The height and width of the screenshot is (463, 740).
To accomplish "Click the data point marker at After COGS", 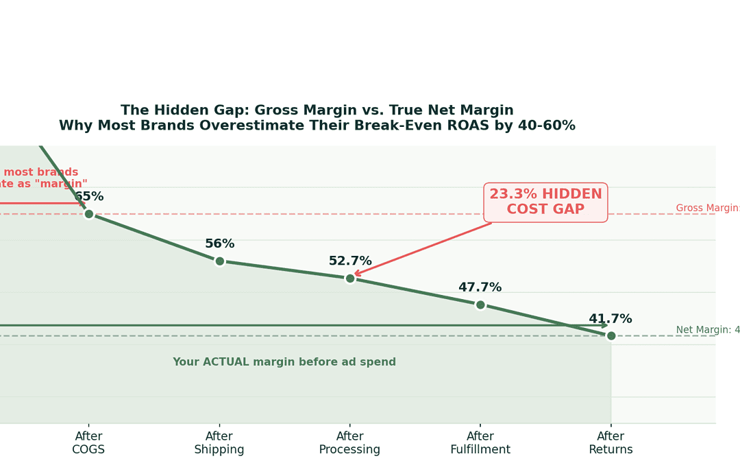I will pyautogui.click(x=88, y=214).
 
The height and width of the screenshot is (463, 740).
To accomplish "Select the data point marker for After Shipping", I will pyautogui.click(x=219, y=261).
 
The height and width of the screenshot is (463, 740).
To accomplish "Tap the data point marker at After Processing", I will pyautogui.click(x=350, y=278).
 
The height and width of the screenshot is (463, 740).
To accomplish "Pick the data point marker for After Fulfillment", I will pyautogui.click(x=480, y=305).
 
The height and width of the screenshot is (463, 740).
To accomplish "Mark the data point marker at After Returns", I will pyautogui.click(x=611, y=335).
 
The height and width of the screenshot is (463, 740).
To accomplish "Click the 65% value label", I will pyautogui.click(x=89, y=197).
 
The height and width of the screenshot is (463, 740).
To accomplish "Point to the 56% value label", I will pyautogui.click(x=219, y=244).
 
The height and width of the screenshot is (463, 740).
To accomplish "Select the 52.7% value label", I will pyautogui.click(x=350, y=261).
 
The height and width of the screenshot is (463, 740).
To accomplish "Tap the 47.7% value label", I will pyautogui.click(x=480, y=287).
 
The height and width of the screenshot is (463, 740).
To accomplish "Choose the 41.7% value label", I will pyautogui.click(x=610, y=319).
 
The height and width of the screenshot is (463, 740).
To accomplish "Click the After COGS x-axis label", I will pyautogui.click(x=88, y=443).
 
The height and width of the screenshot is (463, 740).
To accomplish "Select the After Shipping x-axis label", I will pyautogui.click(x=219, y=443).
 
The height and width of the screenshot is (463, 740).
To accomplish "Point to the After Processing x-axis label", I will pyautogui.click(x=349, y=443).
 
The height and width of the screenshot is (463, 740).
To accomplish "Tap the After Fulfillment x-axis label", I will pyautogui.click(x=480, y=443).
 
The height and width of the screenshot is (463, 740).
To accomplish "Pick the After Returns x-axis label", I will pyautogui.click(x=610, y=443).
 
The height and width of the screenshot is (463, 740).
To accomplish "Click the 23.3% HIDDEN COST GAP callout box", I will pyautogui.click(x=545, y=202).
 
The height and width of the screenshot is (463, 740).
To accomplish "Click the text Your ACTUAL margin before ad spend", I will pyautogui.click(x=284, y=362).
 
